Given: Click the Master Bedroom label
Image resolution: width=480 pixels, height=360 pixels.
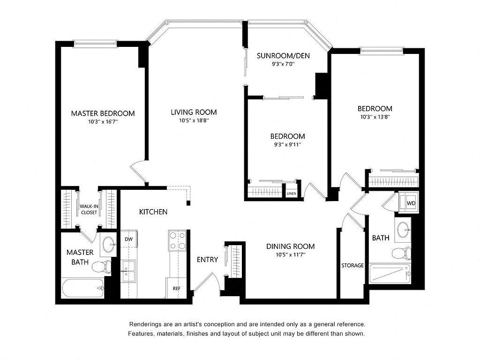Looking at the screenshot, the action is pyautogui.click(x=103, y=113).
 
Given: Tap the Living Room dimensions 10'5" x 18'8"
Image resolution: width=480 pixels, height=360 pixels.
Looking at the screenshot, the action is pyautogui.click(x=194, y=120).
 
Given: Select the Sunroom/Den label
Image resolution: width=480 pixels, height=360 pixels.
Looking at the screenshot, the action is pyautogui.click(x=283, y=56).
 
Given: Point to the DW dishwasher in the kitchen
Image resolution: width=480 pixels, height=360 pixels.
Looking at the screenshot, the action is pyautogui.click(x=129, y=239).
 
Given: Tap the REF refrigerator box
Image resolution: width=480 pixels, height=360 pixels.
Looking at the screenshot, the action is pyautogui.click(x=176, y=288).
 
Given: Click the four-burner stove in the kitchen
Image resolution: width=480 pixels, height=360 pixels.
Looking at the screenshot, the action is pyautogui.click(x=177, y=240).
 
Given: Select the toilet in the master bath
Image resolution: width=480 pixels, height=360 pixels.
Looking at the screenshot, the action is pyautogui.click(x=102, y=267).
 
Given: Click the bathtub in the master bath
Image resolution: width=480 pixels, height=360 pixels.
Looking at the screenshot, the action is pyautogui.click(x=83, y=288).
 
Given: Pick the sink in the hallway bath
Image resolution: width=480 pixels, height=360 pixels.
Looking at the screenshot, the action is pyautogui.click(x=403, y=230).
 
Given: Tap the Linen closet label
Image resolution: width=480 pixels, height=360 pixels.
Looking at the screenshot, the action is pyautogui.click(x=292, y=194).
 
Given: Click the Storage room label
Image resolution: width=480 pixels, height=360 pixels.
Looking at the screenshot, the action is pyautogui.click(x=352, y=265).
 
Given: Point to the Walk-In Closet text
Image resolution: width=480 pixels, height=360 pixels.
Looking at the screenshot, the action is pyautogui.click(x=89, y=210).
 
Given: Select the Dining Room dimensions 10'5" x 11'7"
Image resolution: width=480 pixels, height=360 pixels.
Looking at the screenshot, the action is pyautogui.click(x=290, y=255).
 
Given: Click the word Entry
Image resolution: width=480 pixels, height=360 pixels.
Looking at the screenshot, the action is pyautogui.click(x=207, y=260).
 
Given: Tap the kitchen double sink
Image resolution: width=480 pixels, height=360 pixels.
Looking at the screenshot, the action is pyautogui.click(x=128, y=271).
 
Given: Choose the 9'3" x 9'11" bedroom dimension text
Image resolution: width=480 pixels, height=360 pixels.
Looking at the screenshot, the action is pyautogui.click(x=287, y=144).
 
